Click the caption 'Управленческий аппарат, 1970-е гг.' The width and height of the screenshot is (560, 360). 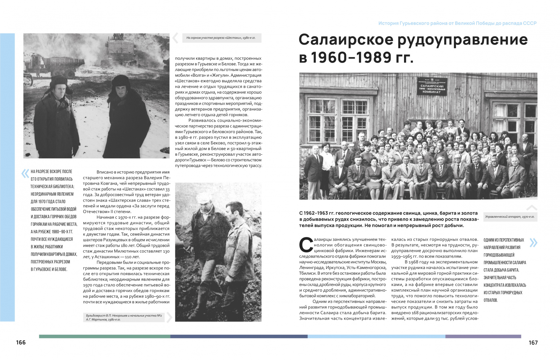click(510, 217)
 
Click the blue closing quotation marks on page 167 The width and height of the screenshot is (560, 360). click(533, 243)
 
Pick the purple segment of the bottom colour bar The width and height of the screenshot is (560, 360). click(483, 336)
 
